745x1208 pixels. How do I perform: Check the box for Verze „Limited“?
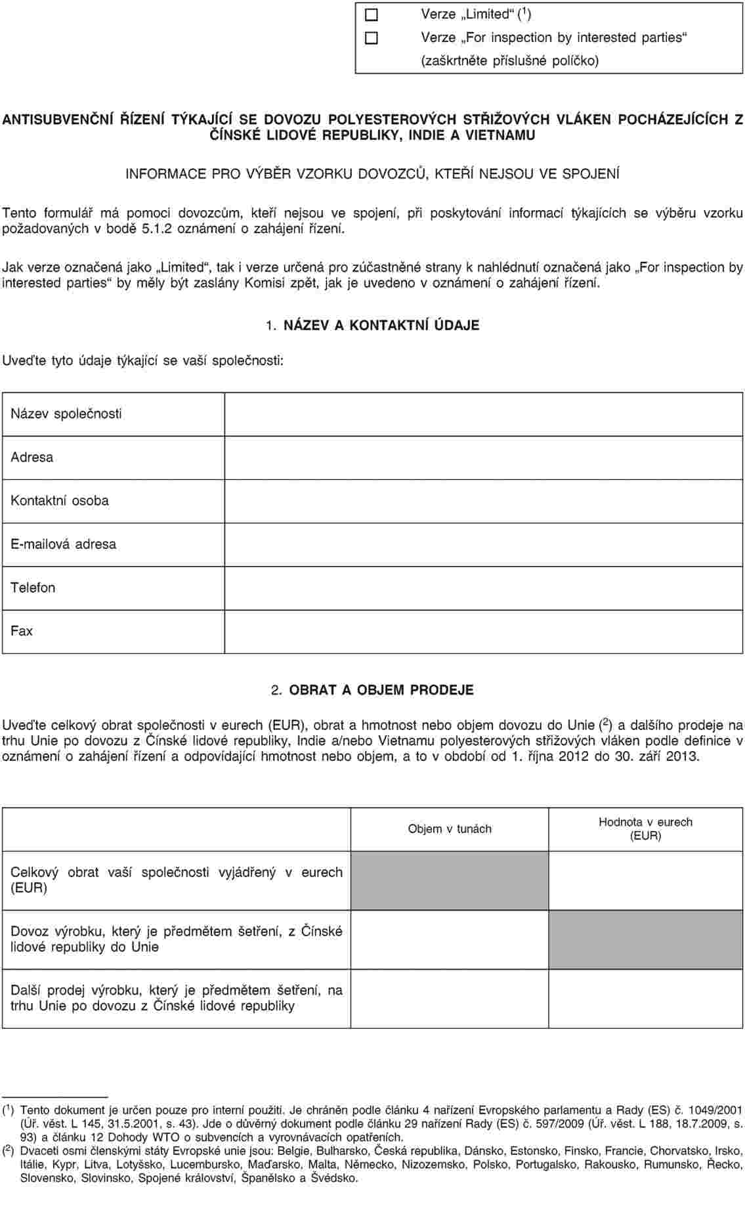coord(372,14)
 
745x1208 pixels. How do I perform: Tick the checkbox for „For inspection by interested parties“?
coord(372,38)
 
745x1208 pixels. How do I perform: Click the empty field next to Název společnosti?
coord(484,414)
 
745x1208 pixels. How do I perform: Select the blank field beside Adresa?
coord(484,458)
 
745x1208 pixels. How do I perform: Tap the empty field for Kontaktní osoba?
coord(484,501)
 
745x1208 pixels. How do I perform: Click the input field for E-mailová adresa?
coord(484,544)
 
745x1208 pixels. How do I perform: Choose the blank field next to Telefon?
coord(484,588)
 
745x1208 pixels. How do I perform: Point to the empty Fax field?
coord(484,631)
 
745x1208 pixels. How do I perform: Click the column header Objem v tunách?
coord(450,829)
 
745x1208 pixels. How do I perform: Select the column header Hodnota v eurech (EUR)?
coord(645,829)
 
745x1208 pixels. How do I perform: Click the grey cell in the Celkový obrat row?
coord(450,880)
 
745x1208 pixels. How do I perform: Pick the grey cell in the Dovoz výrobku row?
coord(645,939)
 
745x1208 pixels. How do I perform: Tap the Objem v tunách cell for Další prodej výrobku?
coord(450,999)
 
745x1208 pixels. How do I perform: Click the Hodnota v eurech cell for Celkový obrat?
coord(645,880)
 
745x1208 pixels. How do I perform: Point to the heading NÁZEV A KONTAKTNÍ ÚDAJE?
coord(381,326)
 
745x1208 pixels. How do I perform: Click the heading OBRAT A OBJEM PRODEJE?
coord(381,691)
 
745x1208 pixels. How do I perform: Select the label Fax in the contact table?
coord(22,631)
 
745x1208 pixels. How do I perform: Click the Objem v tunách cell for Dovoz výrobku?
coord(450,939)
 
